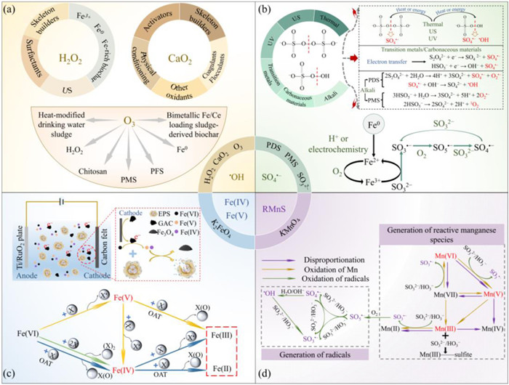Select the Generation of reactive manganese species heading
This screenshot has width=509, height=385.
[x=428, y=224]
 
